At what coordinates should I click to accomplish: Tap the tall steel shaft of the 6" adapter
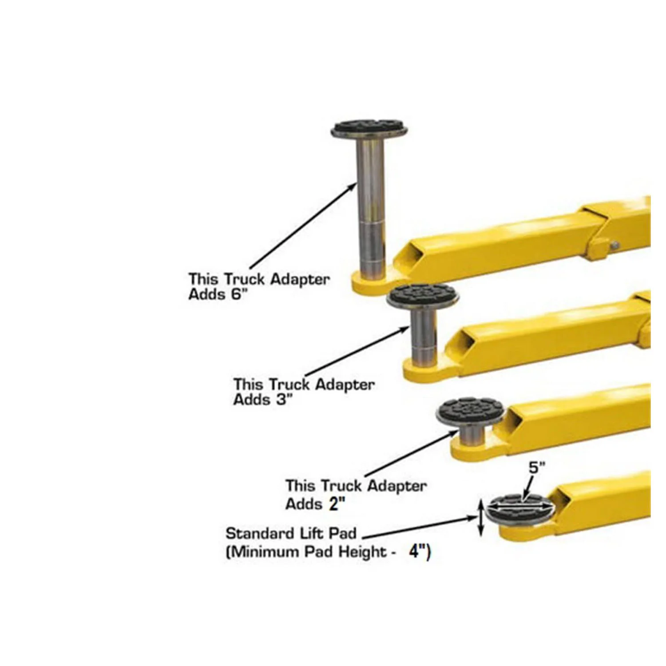(371, 200)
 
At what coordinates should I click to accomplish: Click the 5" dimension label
(536, 468)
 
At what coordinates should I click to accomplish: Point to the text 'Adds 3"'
(263, 400)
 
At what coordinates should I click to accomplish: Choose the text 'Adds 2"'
(315, 504)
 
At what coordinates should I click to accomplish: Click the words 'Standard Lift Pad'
(291, 533)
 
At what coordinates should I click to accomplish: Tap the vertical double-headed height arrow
(480, 519)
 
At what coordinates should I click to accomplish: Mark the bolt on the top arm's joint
(614, 244)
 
